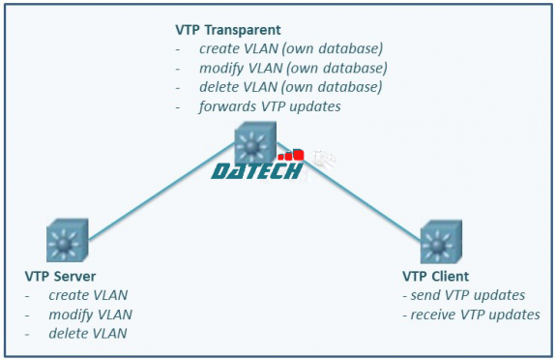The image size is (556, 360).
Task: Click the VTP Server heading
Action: click(60, 277)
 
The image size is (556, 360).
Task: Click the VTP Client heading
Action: click(435, 277)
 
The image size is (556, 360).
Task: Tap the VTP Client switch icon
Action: click(443, 242)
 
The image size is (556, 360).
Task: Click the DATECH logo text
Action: click(256, 171)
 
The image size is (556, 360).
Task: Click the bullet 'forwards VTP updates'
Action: click(270, 105)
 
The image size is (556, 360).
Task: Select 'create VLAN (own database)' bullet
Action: click(290, 48)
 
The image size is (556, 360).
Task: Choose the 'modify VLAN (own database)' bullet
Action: click(293, 68)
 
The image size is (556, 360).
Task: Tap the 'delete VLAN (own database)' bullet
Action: click(290, 87)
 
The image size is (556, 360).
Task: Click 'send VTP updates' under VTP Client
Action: click(466, 295)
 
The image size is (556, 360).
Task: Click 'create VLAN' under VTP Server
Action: click(88, 295)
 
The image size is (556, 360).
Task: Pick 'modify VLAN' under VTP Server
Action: click(91, 315)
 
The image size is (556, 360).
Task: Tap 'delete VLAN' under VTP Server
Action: click(88, 334)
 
